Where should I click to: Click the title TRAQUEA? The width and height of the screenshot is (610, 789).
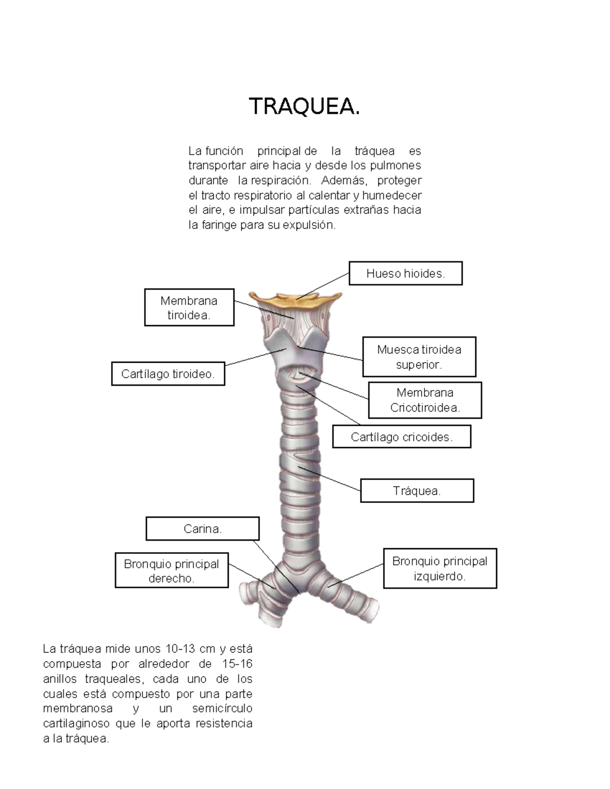(x=304, y=107)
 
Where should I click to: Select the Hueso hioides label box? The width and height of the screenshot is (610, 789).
(x=405, y=273)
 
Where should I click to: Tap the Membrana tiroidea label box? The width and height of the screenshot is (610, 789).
(x=189, y=307)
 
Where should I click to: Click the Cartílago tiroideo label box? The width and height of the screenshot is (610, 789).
(x=168, y=374)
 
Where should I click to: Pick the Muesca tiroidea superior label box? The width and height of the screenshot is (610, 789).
(x=419, y=357)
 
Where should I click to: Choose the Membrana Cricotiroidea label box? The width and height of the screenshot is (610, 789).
(x=424, y=400)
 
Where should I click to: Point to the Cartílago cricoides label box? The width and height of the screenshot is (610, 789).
(x=402, y=437)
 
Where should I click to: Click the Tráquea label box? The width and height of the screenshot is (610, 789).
(x=417, y=491)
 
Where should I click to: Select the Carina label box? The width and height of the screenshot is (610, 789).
(x=202, y=529)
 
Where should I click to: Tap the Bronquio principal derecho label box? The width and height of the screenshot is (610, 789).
(x=171, y=571)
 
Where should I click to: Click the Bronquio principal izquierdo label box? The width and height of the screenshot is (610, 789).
(x=440, y=569)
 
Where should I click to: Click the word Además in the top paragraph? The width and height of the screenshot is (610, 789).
(x=343, y=180)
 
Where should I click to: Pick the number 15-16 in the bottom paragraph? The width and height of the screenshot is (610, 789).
(x=237, y=664)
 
